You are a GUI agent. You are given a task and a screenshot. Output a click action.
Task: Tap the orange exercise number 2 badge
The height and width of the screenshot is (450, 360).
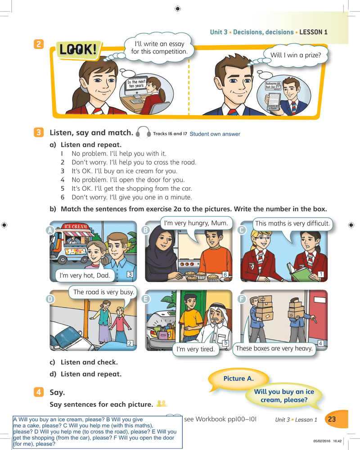pyautogui.click(x=39, y=44)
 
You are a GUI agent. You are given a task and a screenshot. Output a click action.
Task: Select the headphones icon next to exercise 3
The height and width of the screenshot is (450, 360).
pyautogui.click(x=143, y=133)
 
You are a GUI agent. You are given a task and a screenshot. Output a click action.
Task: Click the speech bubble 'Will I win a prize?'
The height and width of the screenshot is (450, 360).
pyautogui.click(x=295, y=55)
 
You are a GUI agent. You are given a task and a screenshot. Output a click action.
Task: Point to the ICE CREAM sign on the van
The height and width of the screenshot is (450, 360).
pyautogui.click(x=76, y=226)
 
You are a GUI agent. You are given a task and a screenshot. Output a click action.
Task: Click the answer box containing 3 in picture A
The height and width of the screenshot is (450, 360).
pyautogui.click(x=130, y=274)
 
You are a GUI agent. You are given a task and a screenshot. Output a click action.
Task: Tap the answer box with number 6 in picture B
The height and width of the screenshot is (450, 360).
pyautogui.click(x=225, y=274)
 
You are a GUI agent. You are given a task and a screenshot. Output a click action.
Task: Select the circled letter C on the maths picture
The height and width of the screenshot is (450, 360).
pyautogui.click(x=242, y=230)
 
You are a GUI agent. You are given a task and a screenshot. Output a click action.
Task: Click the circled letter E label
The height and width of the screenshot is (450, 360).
pyautogui.click(x=146, y=299)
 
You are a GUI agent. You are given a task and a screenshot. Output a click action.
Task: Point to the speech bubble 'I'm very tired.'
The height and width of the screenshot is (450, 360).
pyautogui.click(x=195, y=349)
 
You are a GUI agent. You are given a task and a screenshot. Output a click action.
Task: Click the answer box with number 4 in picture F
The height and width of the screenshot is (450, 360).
pyautogui.click(x=320, y=343)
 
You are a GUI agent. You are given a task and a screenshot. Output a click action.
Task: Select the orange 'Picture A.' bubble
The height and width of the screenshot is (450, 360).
pyautogui.click(x=238, y=378)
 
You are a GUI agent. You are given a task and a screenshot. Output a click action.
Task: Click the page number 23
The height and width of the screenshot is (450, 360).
pyautogui.click(x=332, y=419)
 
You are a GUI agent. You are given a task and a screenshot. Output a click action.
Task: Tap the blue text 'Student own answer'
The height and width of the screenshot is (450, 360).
pyautogui.click(x=215, y=134)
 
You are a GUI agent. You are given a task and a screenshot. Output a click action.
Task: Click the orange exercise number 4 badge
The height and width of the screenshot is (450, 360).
pyautogui.click(x=39, y=392)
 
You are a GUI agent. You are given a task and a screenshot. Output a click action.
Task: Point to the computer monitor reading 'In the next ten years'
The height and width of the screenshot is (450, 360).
pyautogui.click(x=136, y=85)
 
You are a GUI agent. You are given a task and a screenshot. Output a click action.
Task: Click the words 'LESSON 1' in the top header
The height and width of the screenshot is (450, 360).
pyautogui.click(x=313, y=32)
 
